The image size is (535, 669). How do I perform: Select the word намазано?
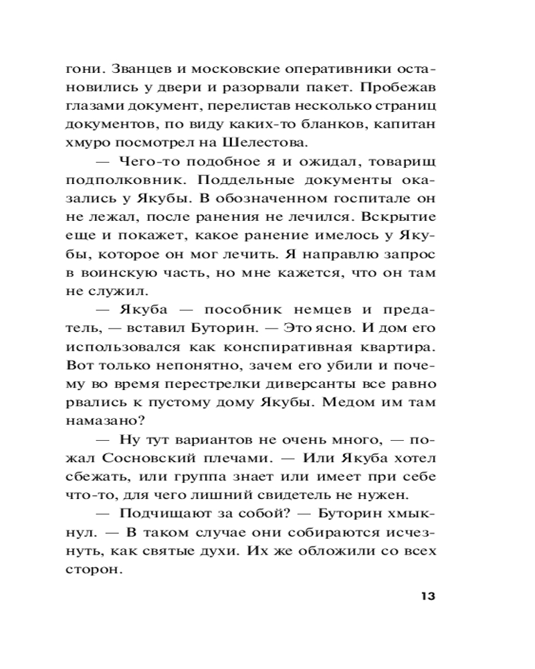(x=103, y=421)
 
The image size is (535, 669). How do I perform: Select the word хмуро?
(x=90, y=141)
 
